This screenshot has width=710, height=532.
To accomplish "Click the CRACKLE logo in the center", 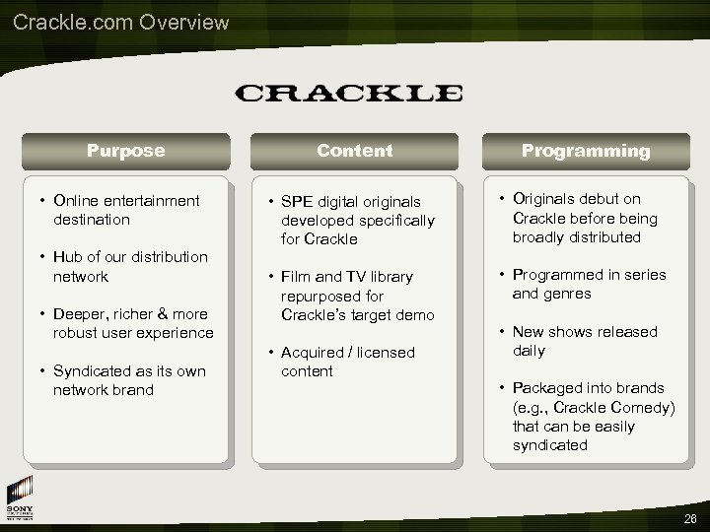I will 349,94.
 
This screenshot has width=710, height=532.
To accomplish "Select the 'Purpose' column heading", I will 125,151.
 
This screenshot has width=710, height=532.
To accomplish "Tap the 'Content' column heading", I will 354,151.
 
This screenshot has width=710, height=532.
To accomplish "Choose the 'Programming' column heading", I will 586,151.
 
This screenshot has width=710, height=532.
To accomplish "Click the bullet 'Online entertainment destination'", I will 125,210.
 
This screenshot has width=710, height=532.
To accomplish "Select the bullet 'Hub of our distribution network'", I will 129,266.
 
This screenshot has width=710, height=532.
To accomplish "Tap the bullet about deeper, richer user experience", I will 132,323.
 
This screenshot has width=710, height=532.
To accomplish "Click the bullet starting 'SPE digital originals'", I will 350,221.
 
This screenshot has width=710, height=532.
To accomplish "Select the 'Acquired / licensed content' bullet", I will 347,362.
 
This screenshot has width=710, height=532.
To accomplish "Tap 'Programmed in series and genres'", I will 588,284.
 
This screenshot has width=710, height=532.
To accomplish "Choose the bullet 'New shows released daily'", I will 584,341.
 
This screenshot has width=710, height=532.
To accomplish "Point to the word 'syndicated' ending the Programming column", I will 549,445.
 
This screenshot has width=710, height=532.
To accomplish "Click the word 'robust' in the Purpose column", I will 77,333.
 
